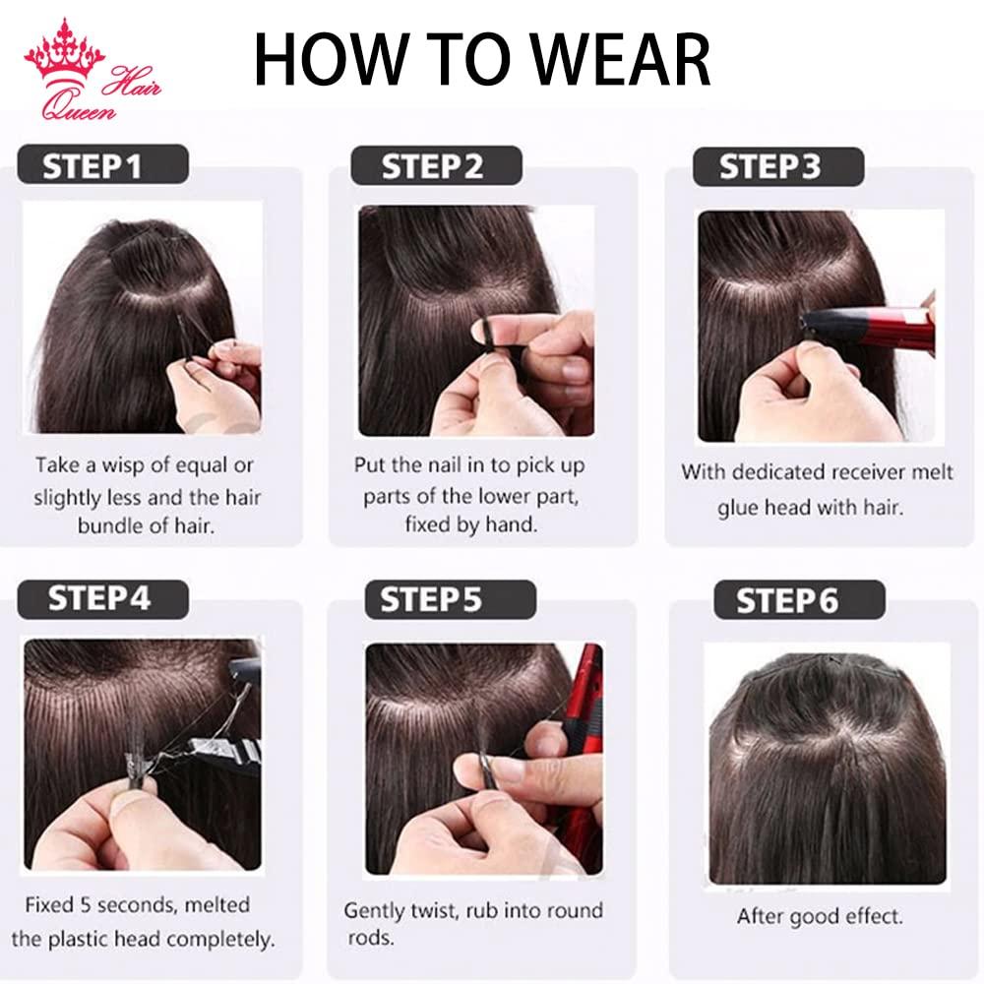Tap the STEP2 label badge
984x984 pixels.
[x=433, y=165]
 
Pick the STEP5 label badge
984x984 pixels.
[x=433, y=597]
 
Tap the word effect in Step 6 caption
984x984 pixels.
[x=866, y=916]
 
